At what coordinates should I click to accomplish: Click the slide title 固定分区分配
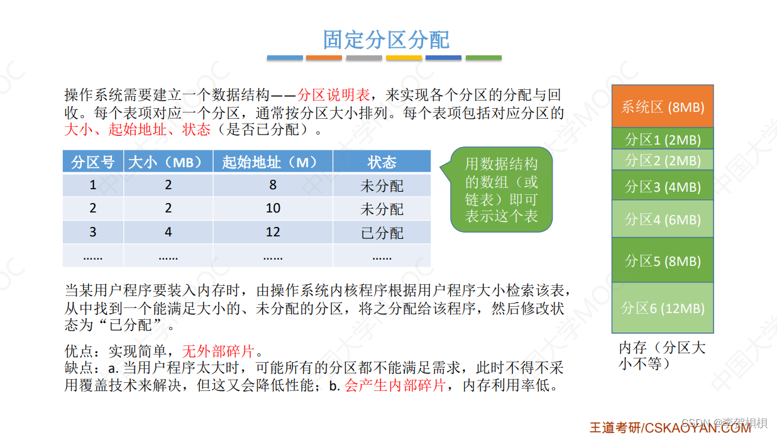(x=386, y=39)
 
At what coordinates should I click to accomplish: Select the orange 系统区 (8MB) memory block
(x=662, y=107)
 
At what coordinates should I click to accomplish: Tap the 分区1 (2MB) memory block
(x=662, y=139)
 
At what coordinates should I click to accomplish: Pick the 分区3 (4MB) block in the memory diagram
(x=662, y=186)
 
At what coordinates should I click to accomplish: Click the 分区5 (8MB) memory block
(x=662, y=260)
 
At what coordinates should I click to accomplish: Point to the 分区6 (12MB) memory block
(x=662, y=308)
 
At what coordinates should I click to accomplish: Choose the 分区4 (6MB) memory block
(x=662, y=219)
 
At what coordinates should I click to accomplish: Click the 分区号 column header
(x=93, y=162)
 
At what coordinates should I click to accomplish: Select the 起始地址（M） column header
(x=272, y=162)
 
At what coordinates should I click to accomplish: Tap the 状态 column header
(x=382, y=162)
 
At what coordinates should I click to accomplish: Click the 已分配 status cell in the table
(x=382, y=233)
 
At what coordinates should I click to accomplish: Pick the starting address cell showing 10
(x=272, y=209)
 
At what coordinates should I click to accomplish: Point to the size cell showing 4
(x=168, y=233)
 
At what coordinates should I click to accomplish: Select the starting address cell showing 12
(x=272, y=233)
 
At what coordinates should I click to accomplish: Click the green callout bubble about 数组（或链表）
(x=501, y=190)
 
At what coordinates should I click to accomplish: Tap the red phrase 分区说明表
(x=333, y=96)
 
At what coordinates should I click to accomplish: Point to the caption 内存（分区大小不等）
(x=661, y=355)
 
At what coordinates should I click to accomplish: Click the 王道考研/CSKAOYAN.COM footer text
(x=670, y=427)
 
